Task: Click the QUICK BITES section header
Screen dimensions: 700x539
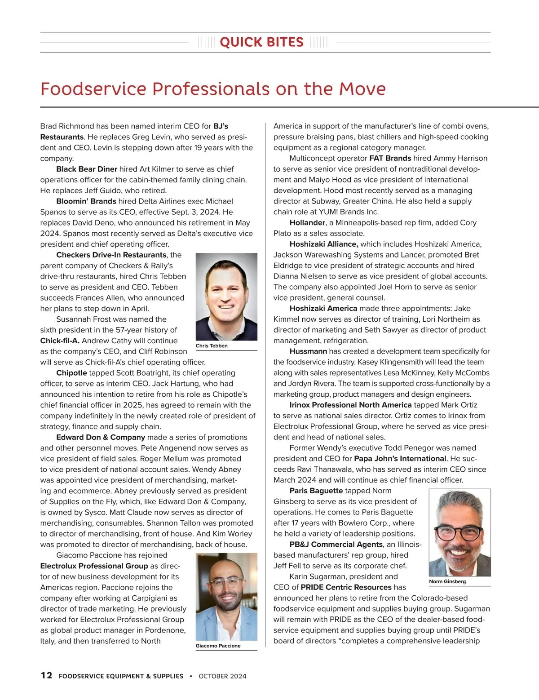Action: point(262,42)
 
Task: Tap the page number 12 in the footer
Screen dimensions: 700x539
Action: point(46,675)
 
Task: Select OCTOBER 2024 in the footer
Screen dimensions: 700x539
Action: point(222,676)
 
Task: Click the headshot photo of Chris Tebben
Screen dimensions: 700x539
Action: point(226,297)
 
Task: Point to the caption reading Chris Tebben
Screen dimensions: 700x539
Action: point(212,346)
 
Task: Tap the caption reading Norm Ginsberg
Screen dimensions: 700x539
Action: point(447,581)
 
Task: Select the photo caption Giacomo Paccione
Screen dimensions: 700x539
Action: point(218,646)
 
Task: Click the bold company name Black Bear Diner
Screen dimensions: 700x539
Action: point(87,169)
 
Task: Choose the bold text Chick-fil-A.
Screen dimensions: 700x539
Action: point(60,341)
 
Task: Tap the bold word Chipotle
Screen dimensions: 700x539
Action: point(71,373)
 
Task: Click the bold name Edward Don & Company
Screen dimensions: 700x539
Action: point(101,437)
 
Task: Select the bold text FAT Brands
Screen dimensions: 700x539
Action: point(390,158)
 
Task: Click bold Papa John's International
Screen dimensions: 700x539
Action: point(400,459)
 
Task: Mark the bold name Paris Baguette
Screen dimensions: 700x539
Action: point(316,491)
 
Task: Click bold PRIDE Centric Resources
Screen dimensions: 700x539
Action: point(346,587)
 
